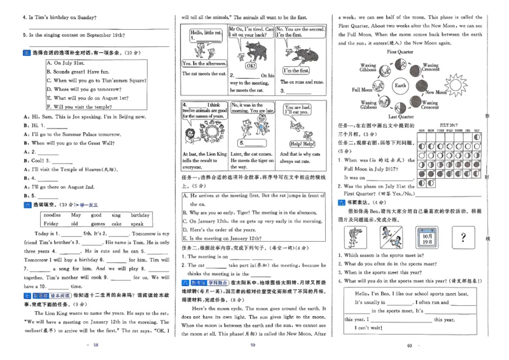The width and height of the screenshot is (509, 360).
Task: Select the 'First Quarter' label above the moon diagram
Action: click(400, 52)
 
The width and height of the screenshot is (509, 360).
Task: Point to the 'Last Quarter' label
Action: click(401, 117)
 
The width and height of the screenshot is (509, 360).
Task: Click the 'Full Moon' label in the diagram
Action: click(363, 90)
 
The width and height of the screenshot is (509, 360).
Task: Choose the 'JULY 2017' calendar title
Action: click(449, 126)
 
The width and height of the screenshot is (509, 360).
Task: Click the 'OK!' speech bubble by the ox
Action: click(251, 66)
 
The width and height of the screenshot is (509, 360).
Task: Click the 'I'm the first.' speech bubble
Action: click(296, 71)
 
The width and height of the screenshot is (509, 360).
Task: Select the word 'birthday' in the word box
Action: click(140, 215)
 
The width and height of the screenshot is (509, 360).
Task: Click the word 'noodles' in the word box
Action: click(52, 215)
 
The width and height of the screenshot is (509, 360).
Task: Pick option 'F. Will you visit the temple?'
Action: click(87, 107)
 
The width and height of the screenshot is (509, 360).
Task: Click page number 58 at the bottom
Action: click(96, 345)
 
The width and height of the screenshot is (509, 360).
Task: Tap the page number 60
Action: click(410, 345)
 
